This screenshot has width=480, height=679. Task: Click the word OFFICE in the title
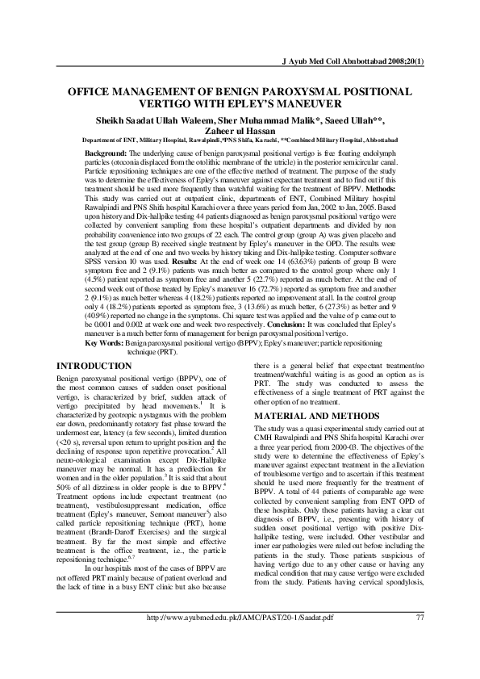(90, 92)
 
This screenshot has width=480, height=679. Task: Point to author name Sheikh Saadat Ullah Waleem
(161, 119)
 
